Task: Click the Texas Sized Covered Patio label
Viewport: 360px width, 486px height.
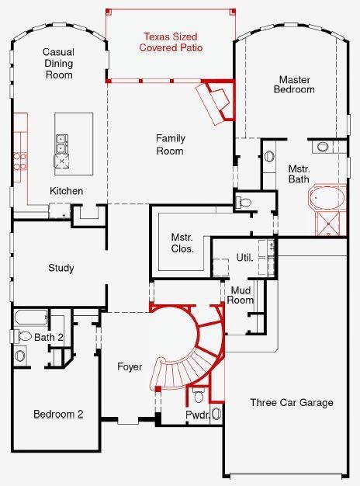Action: click(170, 42)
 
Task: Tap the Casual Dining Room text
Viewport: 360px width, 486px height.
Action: click(57, 64)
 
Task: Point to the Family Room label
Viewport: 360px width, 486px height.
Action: click(171, 144)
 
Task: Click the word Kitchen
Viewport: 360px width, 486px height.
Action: click(66, 192)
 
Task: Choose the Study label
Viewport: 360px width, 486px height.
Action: click(61, 269)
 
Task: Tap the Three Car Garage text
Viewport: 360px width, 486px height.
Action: click(291, 402)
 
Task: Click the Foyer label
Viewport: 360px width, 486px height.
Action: click(129, 366)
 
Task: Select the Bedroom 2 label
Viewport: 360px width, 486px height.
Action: click(57, 415)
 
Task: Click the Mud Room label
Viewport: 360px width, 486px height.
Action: click(241, 295)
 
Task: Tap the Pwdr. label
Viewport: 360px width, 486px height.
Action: click(197, 416)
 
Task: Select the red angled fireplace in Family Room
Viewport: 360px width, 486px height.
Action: click(214, 101)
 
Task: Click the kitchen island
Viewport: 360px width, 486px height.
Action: click(73, 141)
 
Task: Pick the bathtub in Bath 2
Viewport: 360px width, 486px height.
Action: click(31, 318)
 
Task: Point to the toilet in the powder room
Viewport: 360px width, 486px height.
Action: click(199, 397)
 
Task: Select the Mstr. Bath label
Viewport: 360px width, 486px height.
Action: click(299, 174)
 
